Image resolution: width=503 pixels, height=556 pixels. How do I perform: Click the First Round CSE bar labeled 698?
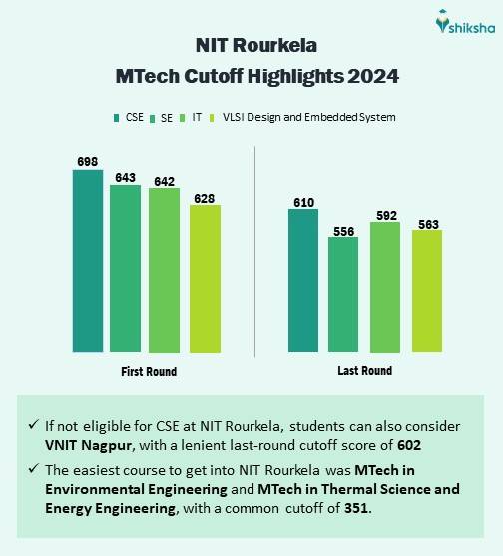(88, 261)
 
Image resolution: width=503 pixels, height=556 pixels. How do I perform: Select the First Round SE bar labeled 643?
(125, 269)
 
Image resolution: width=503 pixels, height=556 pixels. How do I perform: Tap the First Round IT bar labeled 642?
(164, 271)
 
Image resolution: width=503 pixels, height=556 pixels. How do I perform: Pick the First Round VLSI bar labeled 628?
(205, 278)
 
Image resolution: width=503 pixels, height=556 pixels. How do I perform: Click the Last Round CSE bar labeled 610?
(303, 280)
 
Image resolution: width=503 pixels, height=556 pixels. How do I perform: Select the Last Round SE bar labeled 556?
(343, 294)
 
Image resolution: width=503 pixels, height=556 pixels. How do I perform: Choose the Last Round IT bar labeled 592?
(385, 287)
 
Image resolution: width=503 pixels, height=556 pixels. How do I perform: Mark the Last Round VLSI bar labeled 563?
(427, 291)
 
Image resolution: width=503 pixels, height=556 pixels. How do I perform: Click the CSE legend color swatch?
(116, 118)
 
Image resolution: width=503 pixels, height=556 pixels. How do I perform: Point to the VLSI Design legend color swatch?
(212, 118)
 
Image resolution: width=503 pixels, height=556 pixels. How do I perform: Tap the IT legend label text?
(197, 117)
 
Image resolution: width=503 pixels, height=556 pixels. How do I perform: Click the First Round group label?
(149, 372)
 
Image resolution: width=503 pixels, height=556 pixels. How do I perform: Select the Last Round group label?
(365, 371)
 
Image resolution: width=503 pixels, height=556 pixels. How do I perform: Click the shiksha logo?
(465, 22)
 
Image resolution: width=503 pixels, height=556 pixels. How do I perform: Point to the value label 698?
(88, 162)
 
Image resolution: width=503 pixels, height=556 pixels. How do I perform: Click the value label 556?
(344, 232)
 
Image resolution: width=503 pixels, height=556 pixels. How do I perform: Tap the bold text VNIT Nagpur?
(89, 445)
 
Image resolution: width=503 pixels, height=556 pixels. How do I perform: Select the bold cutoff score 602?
(409, 445)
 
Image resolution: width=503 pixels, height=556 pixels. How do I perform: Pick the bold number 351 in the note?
(356, 508)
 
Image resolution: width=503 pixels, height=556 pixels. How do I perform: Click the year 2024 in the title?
(373, 76)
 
